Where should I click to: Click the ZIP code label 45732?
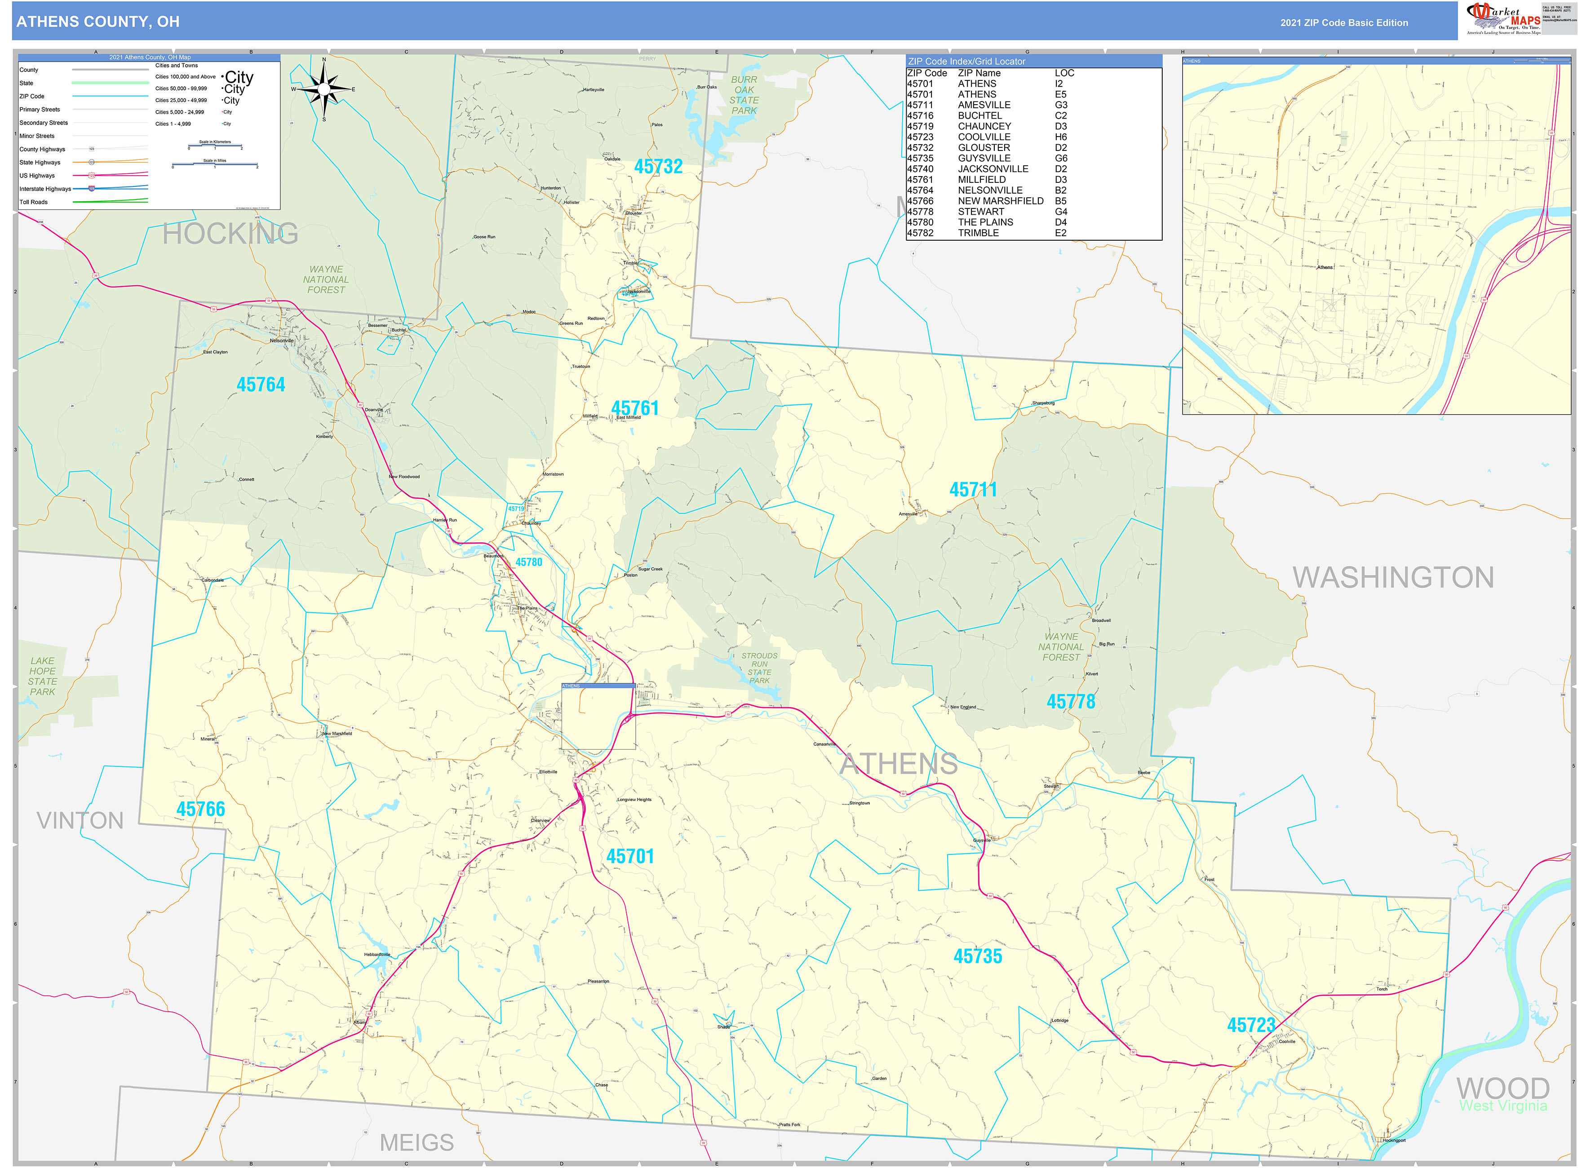[658, 167]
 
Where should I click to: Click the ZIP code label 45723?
[1251, 1025]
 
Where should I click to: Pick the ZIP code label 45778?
[1071, 702]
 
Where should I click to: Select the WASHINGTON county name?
[1393, 578]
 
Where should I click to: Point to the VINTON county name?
[80, 821]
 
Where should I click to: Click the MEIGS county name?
[417, 1142]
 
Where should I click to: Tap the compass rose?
[324, 89]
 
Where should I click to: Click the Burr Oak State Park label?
[744, 95]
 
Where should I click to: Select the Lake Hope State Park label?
[42, 677]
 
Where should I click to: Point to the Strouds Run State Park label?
[759, 668]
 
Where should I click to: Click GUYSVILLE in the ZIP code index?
[984, 159]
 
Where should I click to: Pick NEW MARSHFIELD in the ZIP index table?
[1000, 201]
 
